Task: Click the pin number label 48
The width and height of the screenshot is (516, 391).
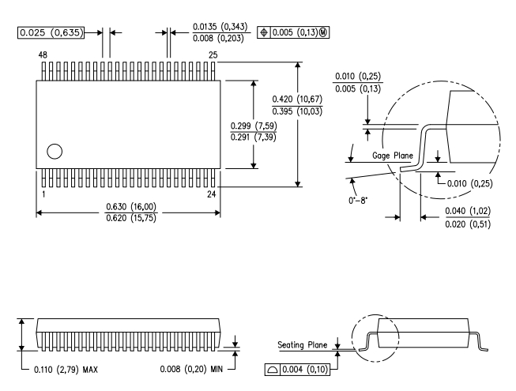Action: (43, 55)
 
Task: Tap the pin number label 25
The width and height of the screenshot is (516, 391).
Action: (213, 55)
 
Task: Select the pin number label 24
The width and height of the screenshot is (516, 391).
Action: (212, 194)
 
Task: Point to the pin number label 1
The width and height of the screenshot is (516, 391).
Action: (43, 194)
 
